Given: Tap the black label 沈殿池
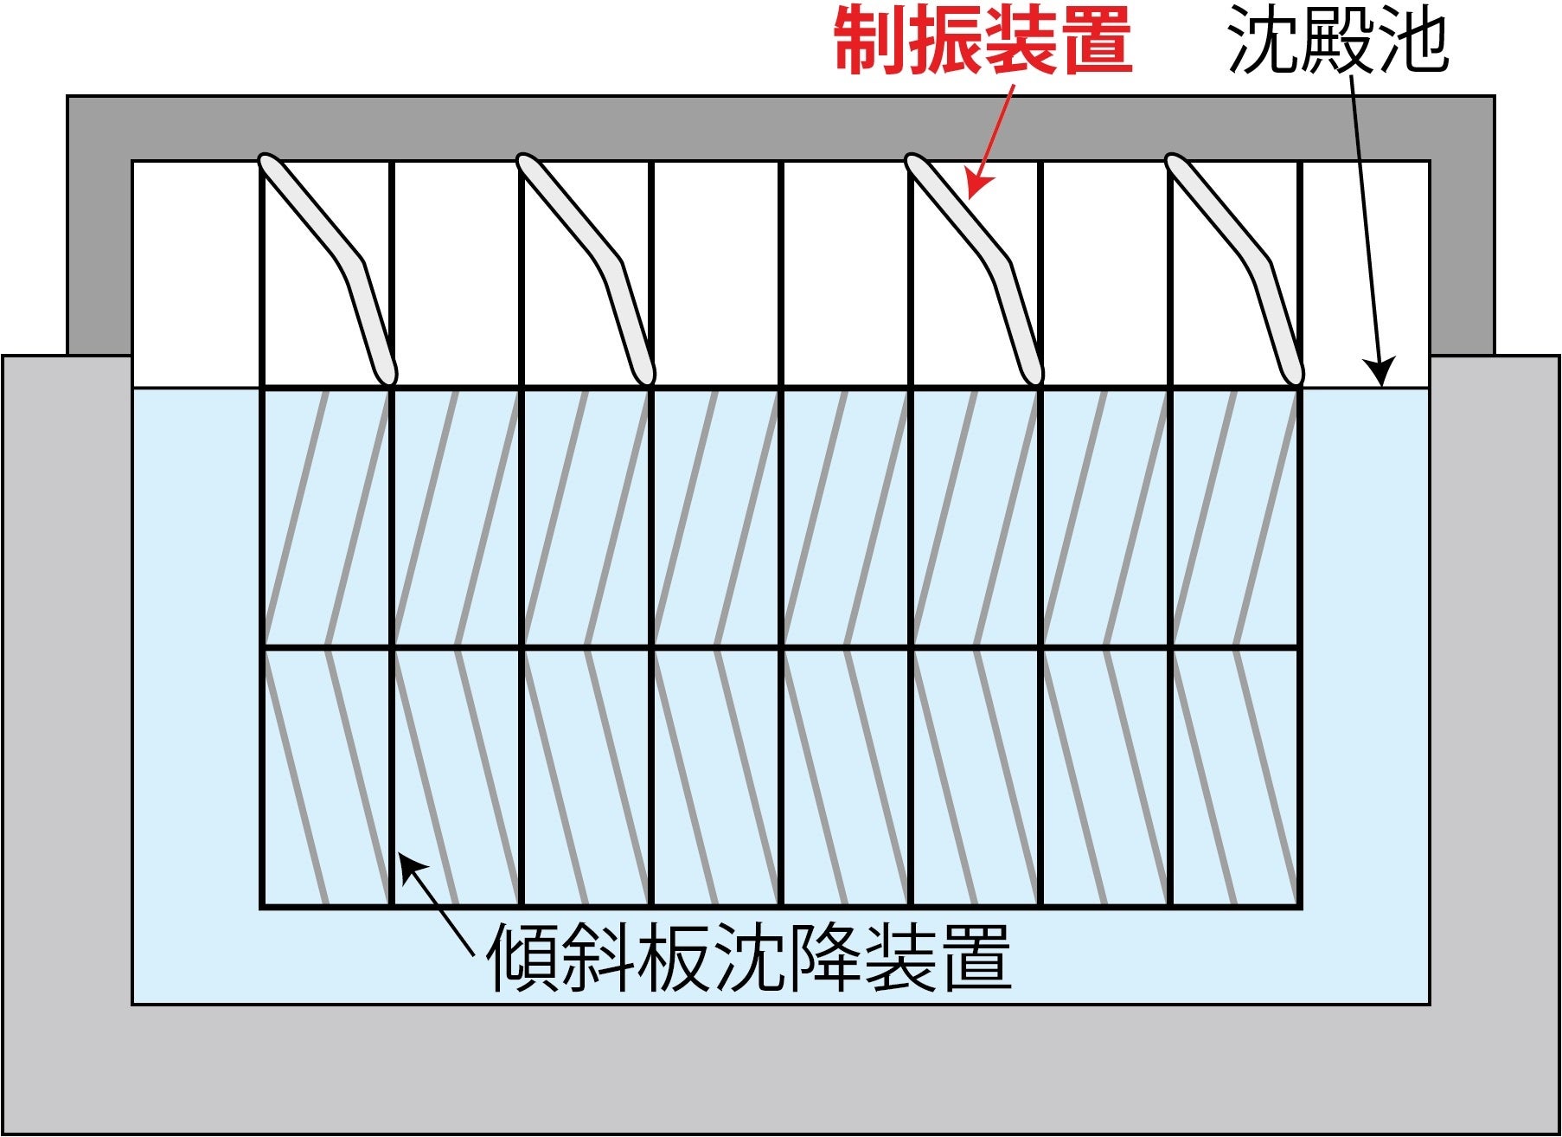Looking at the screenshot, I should tap(1337, 41).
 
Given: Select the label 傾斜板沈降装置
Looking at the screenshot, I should tap(749, 958).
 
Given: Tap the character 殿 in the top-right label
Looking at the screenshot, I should tap(1338, 41).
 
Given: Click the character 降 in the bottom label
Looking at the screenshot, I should tap(824, 958).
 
